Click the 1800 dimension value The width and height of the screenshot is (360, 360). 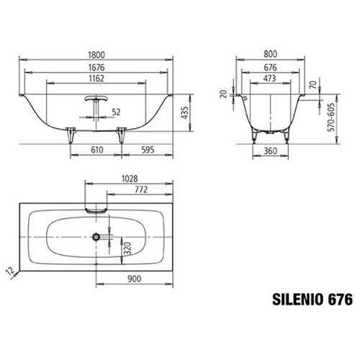tap(99, 53)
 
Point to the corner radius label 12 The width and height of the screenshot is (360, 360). tap(9, 270)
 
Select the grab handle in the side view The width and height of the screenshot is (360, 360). tap(96, 100)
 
